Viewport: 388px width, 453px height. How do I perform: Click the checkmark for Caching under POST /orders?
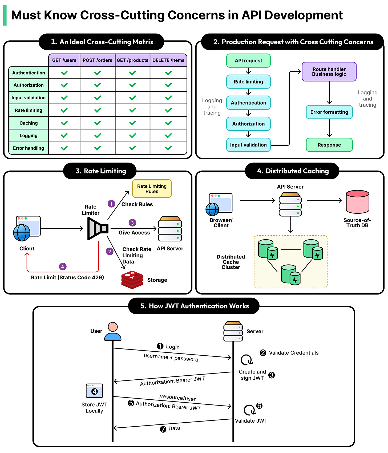pyautogui.click(x=98, y=123)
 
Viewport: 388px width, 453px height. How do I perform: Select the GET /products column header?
pyautogui.click(x=132, y=60)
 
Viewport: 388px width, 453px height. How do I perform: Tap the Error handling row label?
pyautogui.click(x=29, y=148)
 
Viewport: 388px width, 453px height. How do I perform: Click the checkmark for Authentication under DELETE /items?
pyautogui.click(x=168, y=73)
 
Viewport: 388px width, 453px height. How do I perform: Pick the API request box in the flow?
pyautogui.click(x=248, y=61)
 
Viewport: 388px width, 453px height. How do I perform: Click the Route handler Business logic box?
pyautogui.click(x=329, y=72)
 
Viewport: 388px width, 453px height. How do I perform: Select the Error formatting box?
pyautogui.click(x=329, y=112)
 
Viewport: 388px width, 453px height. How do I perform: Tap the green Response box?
pyautogui.click(x=329, y=145)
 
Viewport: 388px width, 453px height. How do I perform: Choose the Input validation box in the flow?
pyautogui.click(x=248, y=145)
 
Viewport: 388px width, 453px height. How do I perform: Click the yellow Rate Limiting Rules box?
pyautogui.click(x=152, y=189)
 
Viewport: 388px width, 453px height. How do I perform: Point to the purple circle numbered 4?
pyautogui.click(x=63, y=267)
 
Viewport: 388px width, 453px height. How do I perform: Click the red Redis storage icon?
pyautogui.click(x=132, y=280)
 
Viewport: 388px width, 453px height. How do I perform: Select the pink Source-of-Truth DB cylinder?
pyautogui.click(x=357, y=202)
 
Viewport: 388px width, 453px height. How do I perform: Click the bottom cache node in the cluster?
pyautogui.click(x=291, y=275)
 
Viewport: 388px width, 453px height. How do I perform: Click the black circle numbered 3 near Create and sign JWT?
pyautogui.click(x=272, y=375)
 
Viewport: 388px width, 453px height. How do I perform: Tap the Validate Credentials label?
pyautogui.click(x=294, y=353)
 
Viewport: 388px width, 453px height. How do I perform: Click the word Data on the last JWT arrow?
pyautogui.click(x=174, y=428)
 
